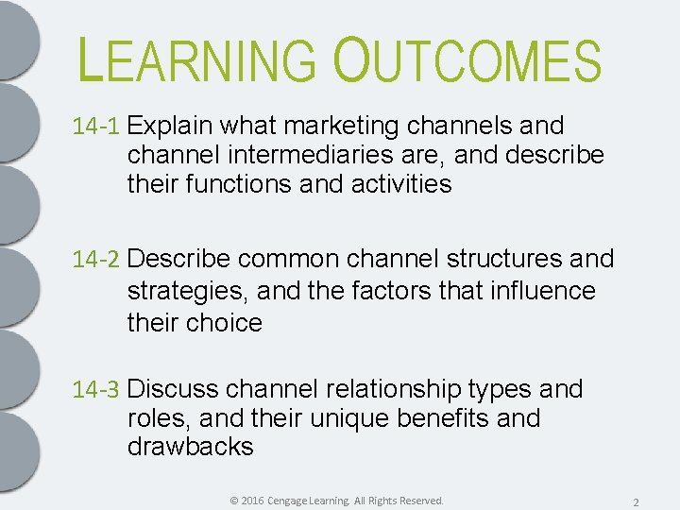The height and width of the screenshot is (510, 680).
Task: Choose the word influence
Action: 543,290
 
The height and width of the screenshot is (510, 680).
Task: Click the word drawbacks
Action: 190,448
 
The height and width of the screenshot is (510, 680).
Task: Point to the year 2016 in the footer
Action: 252,500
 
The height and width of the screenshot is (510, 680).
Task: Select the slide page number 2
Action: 637,501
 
